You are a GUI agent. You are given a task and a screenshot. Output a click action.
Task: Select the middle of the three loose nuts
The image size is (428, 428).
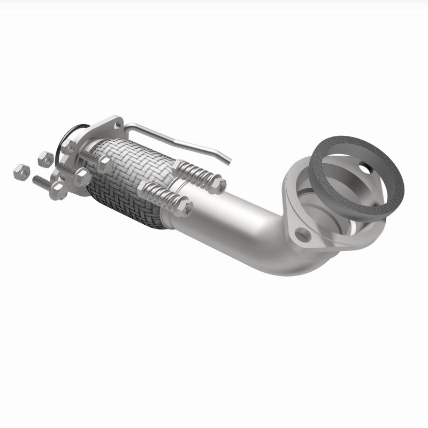click(45, 158)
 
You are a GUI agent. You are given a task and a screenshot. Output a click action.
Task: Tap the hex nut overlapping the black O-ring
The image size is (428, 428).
click(70, 146)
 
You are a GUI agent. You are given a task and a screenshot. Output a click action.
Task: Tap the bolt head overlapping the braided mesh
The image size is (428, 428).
click(104, 164)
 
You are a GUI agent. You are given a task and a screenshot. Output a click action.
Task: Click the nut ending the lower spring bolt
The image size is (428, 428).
click(185, 209)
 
